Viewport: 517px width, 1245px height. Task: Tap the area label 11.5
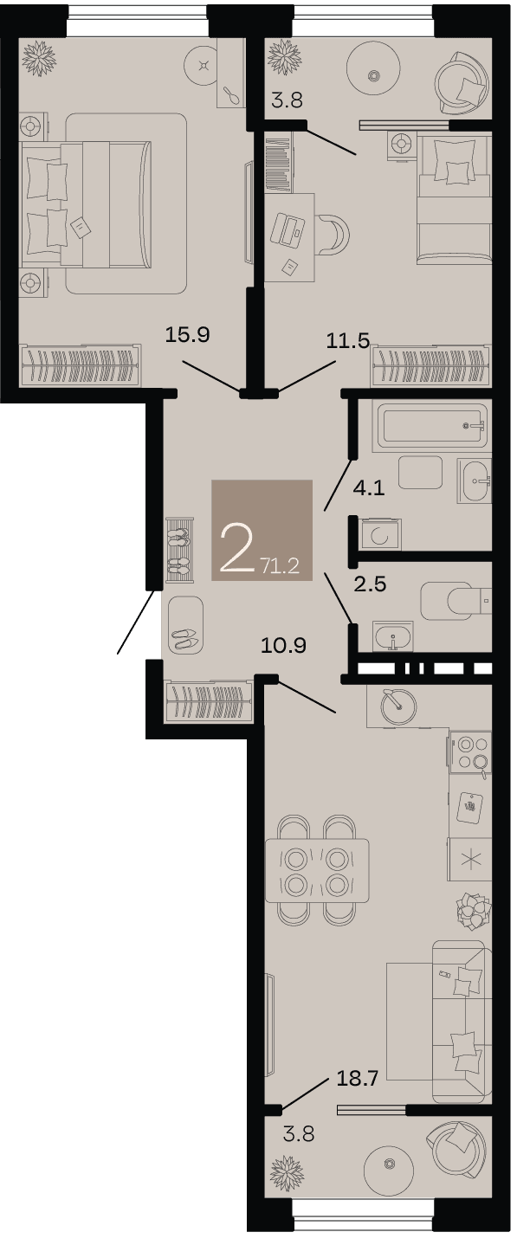coord(347,340)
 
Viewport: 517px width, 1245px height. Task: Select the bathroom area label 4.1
coord(369,488)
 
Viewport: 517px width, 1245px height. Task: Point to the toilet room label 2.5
coord(371,584)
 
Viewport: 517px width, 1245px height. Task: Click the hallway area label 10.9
coord(283,646)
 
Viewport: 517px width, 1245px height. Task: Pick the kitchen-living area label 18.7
coord(358,1079)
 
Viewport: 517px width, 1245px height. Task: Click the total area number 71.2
coord(280,566)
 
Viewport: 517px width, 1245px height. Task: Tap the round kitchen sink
coord(398,706)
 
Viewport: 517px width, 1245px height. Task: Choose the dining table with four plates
coord(318,870)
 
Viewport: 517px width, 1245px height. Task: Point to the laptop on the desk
coord(288,229)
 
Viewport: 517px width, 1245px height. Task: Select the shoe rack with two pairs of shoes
coord(180,549)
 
